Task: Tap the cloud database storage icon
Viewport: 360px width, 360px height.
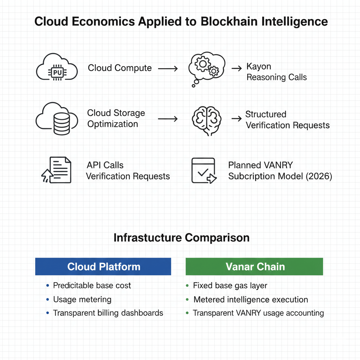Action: (x=56, y=118)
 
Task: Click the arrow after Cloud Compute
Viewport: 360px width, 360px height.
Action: (x=168, y=69)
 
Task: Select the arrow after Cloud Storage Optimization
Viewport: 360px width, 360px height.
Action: (x=168, y=119)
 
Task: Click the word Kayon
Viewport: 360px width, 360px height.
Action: (x=259, y=66)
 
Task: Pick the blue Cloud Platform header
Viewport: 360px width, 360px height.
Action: (x=103, y=266)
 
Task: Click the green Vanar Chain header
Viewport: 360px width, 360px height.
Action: (x=254, y=266)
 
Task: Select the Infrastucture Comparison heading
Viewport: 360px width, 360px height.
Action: (x=181, y=238)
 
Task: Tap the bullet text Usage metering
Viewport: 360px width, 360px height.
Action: (x=82, y=300)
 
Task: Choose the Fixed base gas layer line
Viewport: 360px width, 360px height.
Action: (x=230, y=285)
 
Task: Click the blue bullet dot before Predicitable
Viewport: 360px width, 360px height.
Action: (x=47, y=285)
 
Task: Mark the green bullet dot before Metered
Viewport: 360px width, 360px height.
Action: (x=187, y=300)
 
